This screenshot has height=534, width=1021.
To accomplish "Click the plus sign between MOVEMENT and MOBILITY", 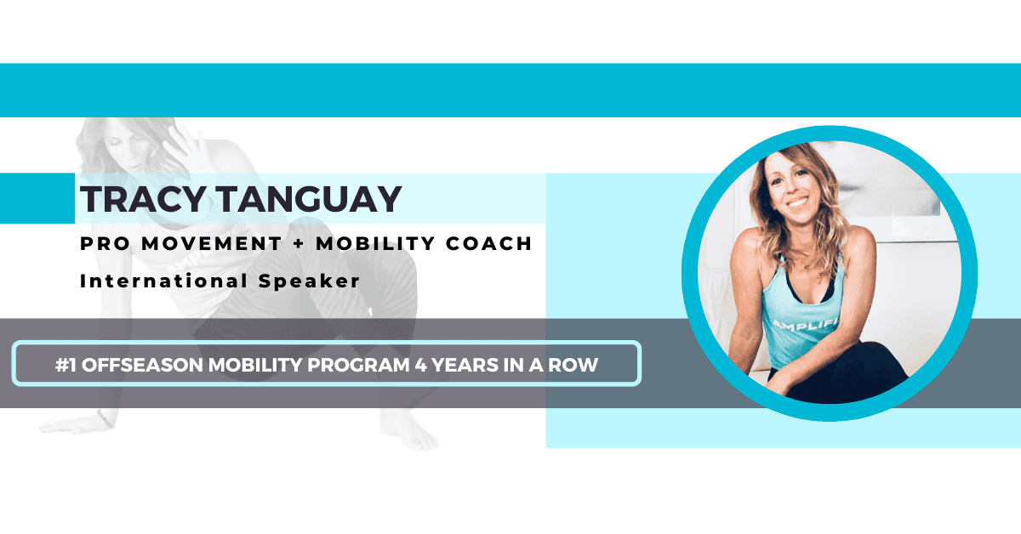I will (x=297, y=244).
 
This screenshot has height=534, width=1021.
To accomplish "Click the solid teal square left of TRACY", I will (x=37, y=198).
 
